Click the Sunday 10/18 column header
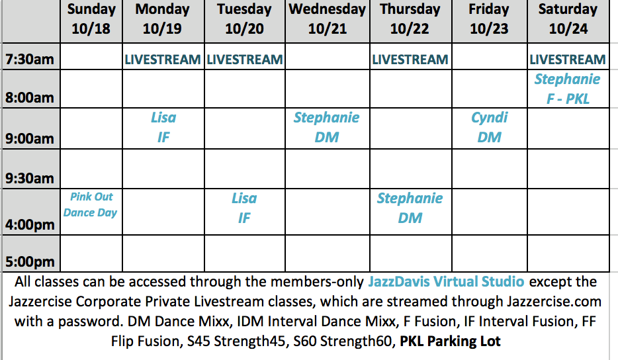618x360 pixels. click(91, 19)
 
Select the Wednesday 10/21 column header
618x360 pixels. click(327, 19)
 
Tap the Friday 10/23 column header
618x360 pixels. click(489, 19)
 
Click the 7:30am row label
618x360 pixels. click(30, 59)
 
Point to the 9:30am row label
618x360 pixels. click(30, 178)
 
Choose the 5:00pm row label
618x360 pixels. click(30, 261)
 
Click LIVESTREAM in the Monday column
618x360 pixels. click(163, 60)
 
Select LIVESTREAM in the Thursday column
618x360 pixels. click(410, 60)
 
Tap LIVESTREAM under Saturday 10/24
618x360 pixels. click(568, 60)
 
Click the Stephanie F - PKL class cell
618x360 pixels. click(568, 89)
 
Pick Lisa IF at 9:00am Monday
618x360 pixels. click(163, 127)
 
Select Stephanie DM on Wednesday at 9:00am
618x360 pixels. click(327, 127)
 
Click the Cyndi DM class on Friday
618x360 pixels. click(490, 127)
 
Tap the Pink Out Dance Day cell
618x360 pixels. click(91, 204)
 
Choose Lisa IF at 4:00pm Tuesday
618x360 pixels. click(244, 208)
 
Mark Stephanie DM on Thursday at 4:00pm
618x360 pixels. click(410, 208)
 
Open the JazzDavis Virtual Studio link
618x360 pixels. click(446, 281)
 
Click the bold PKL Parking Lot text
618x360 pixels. click(450, 341)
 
